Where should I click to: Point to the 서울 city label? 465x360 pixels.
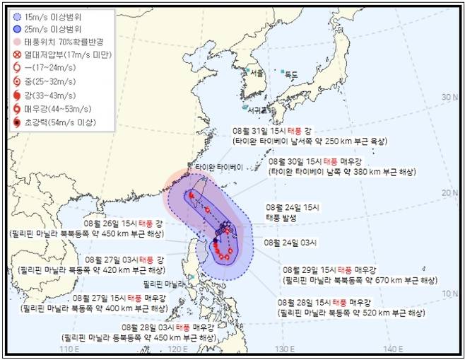tap(257, 73)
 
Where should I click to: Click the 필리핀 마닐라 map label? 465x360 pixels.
tap(163, 283)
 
